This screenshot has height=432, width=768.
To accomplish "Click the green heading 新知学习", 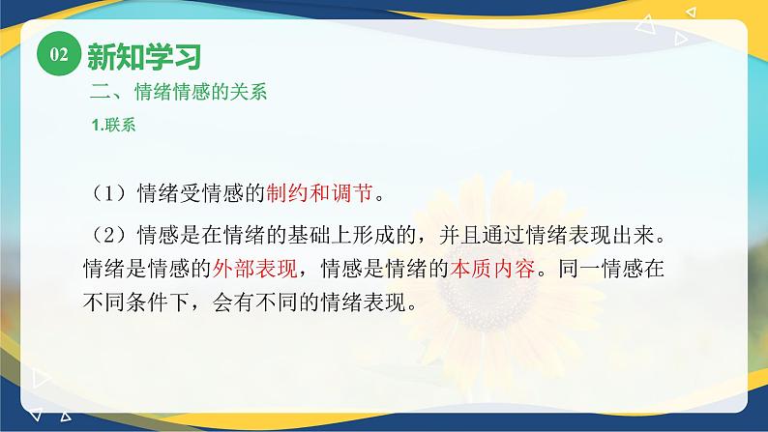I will (143, 57).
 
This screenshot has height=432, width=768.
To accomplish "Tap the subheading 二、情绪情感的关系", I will (177, 94).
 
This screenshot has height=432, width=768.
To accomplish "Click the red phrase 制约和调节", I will (319, 192).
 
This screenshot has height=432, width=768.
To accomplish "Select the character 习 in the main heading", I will (187, 57).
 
